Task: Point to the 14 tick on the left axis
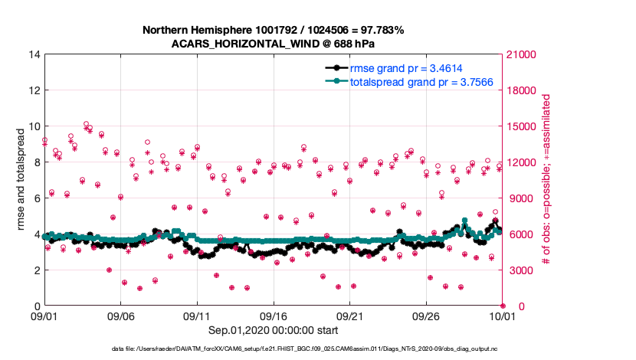click(x=34, y=54)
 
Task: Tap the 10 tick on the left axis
click(x=34, y=126)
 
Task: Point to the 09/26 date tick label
click(x=426, y=316)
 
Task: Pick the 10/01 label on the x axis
click(x=503, y=316)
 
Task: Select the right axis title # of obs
click(x=546, y=180)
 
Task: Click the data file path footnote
click(x=316, y=349)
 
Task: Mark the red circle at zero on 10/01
click(x=503, y=306)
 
